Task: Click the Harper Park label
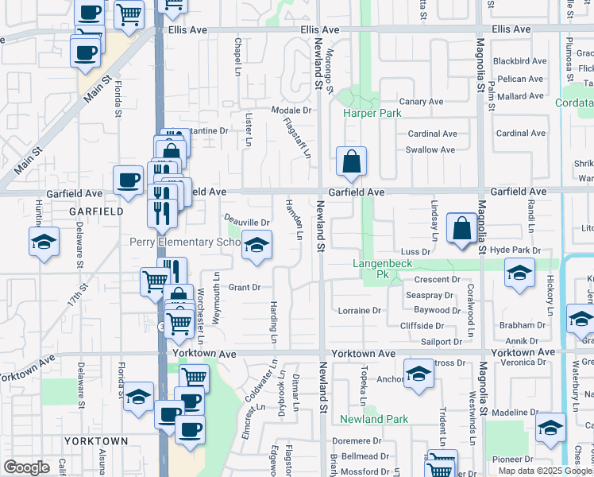(372, 114)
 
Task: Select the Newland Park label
(374, 419)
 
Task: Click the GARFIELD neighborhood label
(96, 212)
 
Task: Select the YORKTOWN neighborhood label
(95, 440)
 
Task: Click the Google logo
(26, 467)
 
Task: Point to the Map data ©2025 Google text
(545, 471)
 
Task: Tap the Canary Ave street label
(421, 102)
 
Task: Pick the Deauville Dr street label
(247, 219)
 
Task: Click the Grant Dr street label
(245, 287)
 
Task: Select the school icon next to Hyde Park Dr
(519, 273)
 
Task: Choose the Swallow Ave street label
(430, 149)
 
